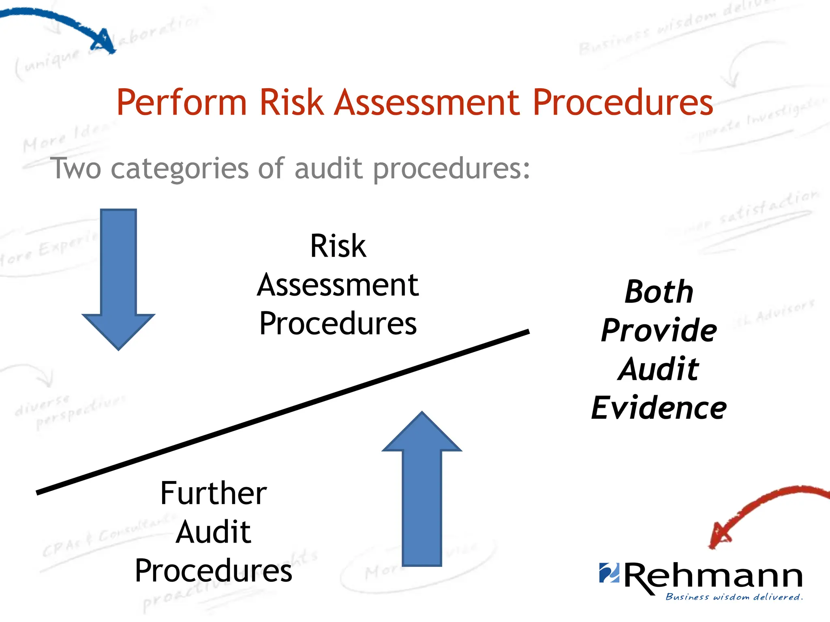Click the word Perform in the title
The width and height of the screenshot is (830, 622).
(181, 102)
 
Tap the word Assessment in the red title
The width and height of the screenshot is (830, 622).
(427, 102)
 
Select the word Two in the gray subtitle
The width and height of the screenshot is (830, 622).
(76, 168)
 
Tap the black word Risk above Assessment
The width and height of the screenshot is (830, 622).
(338, 246)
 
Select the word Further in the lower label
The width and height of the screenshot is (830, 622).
(214, 493)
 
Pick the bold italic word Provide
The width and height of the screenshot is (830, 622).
(659, 330)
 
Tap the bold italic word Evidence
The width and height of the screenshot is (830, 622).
(659, 408)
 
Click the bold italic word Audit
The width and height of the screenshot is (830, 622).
(659, 369)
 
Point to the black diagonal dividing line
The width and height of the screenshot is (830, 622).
(282, 412)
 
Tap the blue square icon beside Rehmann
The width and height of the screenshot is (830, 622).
(609, 573)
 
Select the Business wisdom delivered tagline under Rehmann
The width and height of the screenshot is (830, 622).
(734, 597)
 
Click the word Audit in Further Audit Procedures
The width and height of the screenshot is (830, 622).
(214, 532)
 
